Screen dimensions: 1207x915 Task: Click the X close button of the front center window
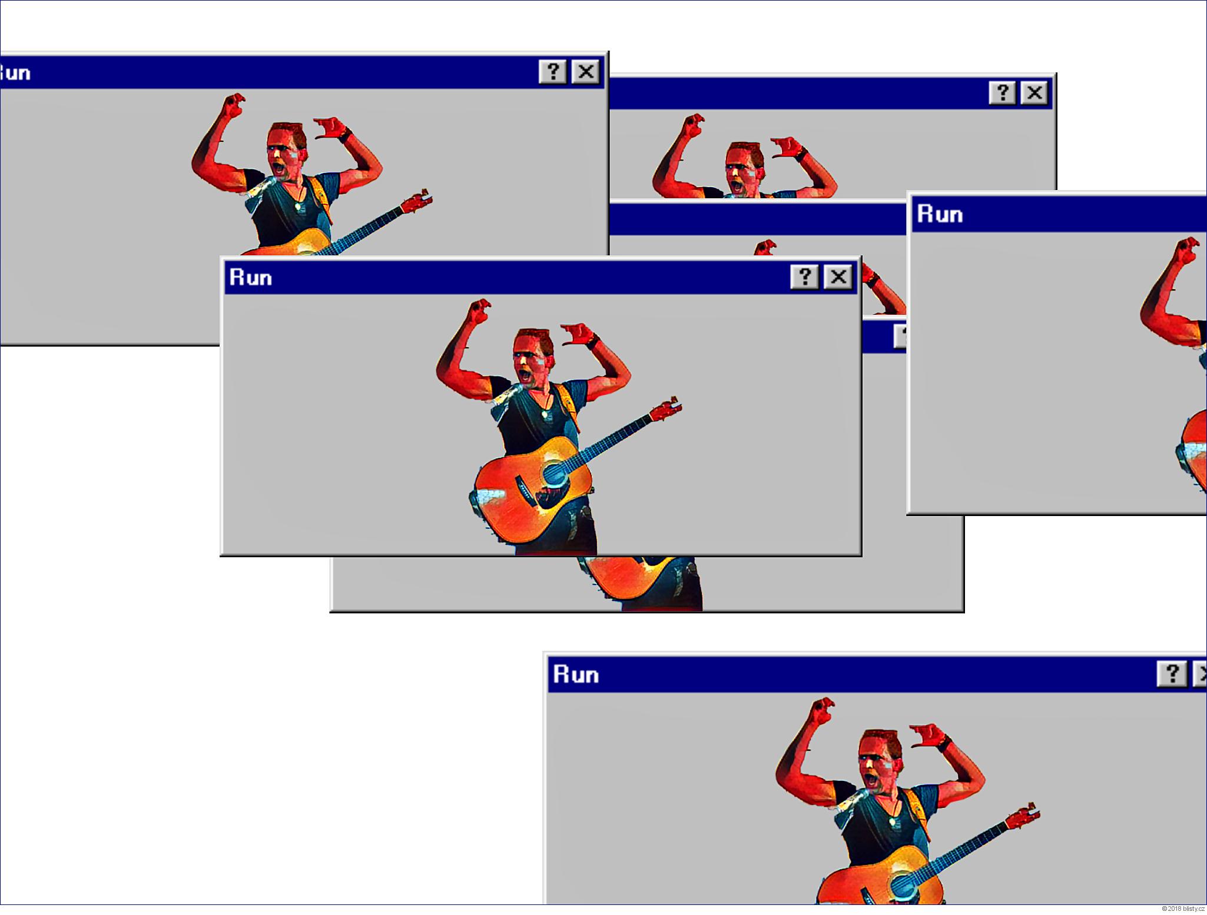(x=838, y=277)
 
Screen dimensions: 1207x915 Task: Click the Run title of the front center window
(x=251, y=277)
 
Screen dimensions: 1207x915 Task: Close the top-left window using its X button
(x=586, y=72)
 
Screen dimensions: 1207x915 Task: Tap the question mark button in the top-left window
(x=553, y=72)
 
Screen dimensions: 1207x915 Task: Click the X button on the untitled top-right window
(x=1034, y=93)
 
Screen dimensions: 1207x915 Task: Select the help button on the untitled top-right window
(x=1002, y=93)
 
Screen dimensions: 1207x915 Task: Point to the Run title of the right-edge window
(x=940, y=214)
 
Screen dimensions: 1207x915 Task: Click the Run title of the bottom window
(x=576, y=674)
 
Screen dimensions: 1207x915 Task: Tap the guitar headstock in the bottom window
(x=1025, y=814)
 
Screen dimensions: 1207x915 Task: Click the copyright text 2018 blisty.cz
(x=1183, y=909)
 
